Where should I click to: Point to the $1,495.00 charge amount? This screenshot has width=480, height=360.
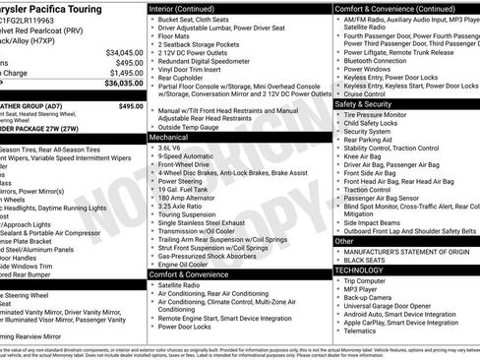[127, 73]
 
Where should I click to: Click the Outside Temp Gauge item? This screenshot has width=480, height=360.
[193, 127]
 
